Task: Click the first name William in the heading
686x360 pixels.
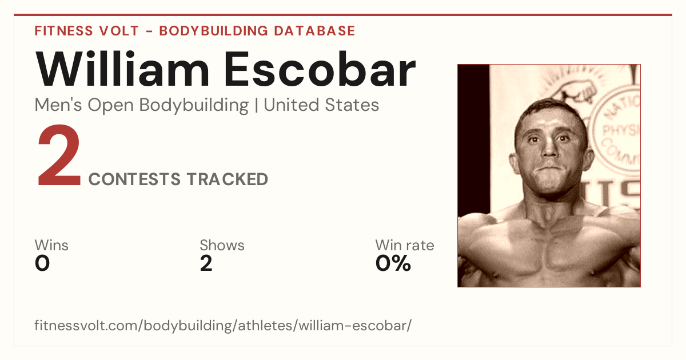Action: click(122, 69)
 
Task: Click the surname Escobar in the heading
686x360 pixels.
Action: click(320, 70)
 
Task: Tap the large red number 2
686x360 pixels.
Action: click(59, 155)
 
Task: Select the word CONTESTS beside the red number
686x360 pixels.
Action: click(134, 179)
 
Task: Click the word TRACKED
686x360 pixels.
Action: click(228, 179)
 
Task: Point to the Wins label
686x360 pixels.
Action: click(51, 245)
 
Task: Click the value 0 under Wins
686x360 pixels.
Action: click(42, 263)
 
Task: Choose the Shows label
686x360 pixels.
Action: click(222, 245)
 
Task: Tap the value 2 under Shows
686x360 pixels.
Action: click(206, 263)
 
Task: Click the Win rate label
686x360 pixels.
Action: click(405, 245)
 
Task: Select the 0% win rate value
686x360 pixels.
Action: click(393, 263)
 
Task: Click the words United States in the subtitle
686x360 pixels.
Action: click(321, 105)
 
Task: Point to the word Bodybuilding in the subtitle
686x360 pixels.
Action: click(194, 106)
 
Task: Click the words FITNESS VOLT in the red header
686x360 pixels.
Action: click(87, 31)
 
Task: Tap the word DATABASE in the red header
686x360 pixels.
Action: click(314, 31)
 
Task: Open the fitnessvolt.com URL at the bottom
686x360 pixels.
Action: click(223, 325)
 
